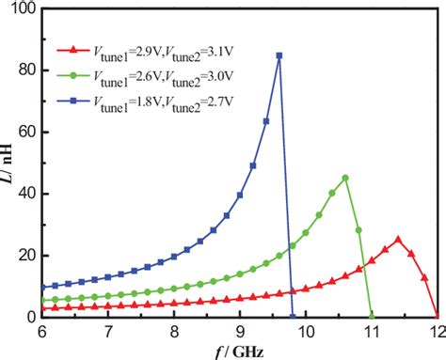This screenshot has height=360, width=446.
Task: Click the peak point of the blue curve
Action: click(279, 55)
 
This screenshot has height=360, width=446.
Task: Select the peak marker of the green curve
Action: click(345, 178)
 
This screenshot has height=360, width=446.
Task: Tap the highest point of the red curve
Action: click(398, 239)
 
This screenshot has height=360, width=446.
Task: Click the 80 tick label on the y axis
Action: click(30, 70)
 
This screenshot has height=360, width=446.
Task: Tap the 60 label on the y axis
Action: click(30, 133)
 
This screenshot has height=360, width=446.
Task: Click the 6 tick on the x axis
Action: click(42, 332)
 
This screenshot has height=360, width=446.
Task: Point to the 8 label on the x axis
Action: click(174, 332)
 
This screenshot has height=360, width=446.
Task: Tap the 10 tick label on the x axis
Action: click(305, 332)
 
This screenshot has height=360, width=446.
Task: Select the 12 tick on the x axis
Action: click(436, 332)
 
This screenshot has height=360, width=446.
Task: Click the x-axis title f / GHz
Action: click(239, 351)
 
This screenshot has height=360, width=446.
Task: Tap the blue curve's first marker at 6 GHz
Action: click(43, 287)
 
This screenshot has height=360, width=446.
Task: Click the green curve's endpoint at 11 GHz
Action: click(372, 317)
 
